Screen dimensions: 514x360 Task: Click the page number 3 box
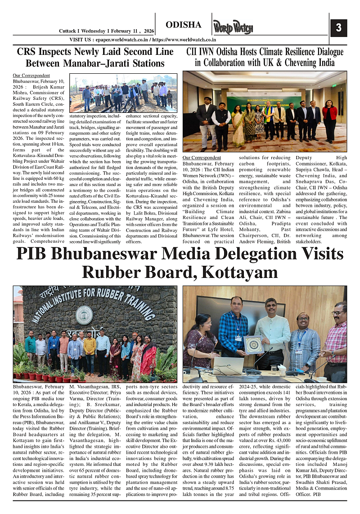pos(338,28)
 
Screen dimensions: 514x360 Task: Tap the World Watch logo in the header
pos(233,28)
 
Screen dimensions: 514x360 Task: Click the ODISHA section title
pos(183,25)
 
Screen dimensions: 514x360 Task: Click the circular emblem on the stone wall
pos(84,314)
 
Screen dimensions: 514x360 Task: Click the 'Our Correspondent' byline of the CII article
pos(202,157)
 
